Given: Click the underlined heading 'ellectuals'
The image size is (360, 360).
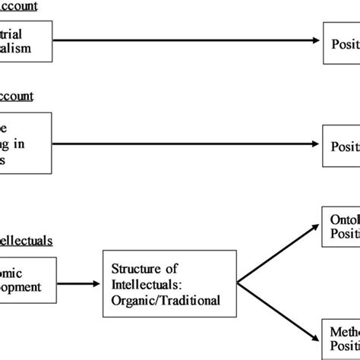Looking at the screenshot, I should [26, 241].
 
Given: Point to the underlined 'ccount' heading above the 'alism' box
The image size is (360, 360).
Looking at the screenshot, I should [26, 7].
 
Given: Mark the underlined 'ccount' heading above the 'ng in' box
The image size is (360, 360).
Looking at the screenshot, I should [26, 97].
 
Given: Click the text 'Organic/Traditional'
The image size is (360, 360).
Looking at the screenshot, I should [166, 299].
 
